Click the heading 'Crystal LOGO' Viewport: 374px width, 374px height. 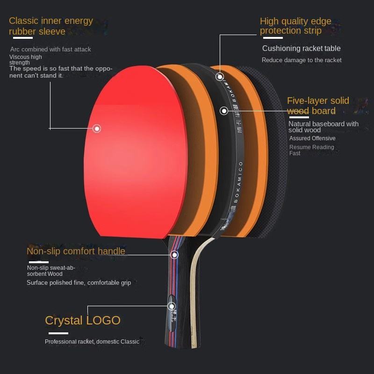pyautogui.click(x=83, y=320)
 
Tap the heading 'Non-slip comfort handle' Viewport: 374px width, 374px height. pyautogui.click(x=76, y=251)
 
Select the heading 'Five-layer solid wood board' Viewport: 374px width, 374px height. pyautogui.click(x=318, y=106)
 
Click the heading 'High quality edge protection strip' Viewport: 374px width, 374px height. pyautogui.click(x=295, y=26)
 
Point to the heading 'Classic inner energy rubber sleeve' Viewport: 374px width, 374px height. pyautogui.click(x=51, y=26)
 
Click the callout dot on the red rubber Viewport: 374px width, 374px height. pyautogui.click(x=97, y=128)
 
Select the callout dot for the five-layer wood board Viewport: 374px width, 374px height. pyautogui.click(x=224, y=111)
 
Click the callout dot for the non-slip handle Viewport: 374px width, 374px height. pyautogui.click(x=174, y=255)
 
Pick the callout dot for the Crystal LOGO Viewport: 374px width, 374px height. pyautogui.click(x=171, y=306)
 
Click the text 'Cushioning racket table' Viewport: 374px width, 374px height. pyautogui.click(x=301, y=49)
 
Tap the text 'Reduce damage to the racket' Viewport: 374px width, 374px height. pyautogui.click(x=302, y=60)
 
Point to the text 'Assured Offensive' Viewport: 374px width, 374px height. pyautogui.click(x=312, y=138)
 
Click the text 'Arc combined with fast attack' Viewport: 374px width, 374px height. pyautogui.click(x=50, y=50)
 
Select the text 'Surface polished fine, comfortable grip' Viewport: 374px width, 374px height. pyautogui.click(x=79, y=283)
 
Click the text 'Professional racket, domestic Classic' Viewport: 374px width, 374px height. pyautogui.click(x=92, y=342)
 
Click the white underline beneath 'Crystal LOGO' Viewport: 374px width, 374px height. pyautogui.click(x=58, y=333)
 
